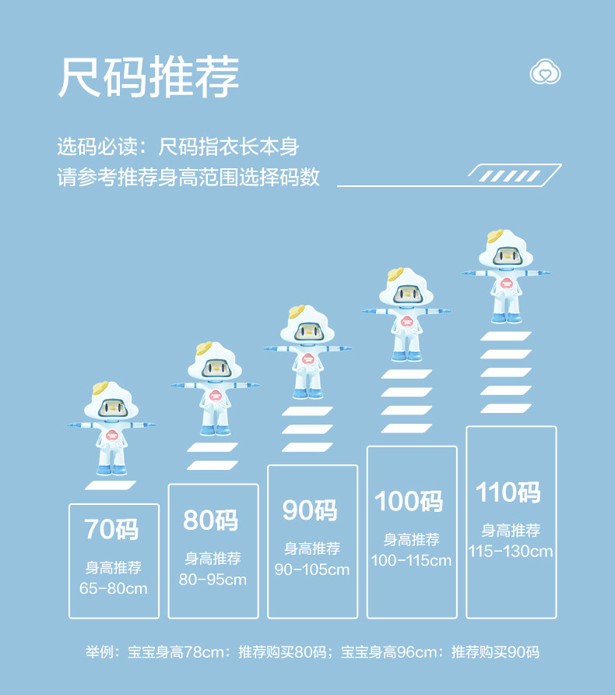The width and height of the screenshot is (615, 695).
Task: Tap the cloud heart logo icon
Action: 546,73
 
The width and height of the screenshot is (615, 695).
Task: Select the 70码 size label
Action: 112,529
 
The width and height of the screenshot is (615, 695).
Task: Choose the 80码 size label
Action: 211,520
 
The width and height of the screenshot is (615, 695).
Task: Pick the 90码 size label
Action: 311,510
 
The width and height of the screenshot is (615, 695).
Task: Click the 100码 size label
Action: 409,501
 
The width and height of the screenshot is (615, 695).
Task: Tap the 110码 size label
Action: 509,492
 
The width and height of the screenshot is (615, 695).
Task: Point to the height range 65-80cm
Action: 114,588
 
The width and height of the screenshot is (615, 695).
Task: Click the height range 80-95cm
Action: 213,579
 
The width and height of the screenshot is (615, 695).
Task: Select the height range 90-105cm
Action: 311,570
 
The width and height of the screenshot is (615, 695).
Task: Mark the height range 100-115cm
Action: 411,560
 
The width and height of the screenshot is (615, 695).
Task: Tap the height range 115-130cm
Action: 511,551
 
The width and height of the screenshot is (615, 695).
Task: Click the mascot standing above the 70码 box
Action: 112,429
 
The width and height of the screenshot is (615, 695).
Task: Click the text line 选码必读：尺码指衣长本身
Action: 178,146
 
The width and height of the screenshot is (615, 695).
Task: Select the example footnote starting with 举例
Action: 312,652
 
